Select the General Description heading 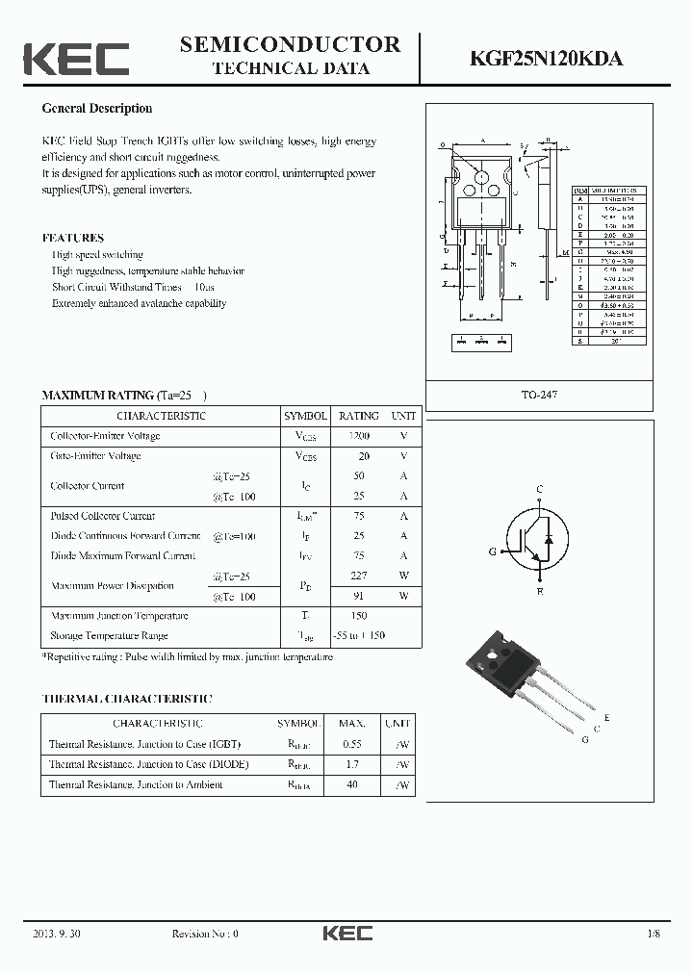[x=97, y=109]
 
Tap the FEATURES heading [x=73, y=238]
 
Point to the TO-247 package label [x=540, y=395]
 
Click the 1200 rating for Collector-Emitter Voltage [x=358, y=436]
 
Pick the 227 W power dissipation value [x=358, y=576]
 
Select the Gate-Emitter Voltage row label [x=95, y=455]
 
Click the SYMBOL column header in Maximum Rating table [x=305, y=416]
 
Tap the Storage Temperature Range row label [x=109, y=635]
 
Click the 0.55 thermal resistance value [x=352, y=744]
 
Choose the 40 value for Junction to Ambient [x=352, y=784]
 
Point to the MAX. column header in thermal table [x=352, y=723]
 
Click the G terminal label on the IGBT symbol [x=492, y=551]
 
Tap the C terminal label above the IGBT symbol [x=539, y=490]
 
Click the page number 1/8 [x=655, y=933]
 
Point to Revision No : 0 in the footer [x=204, y=933]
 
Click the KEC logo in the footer [x=346, y=933]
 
